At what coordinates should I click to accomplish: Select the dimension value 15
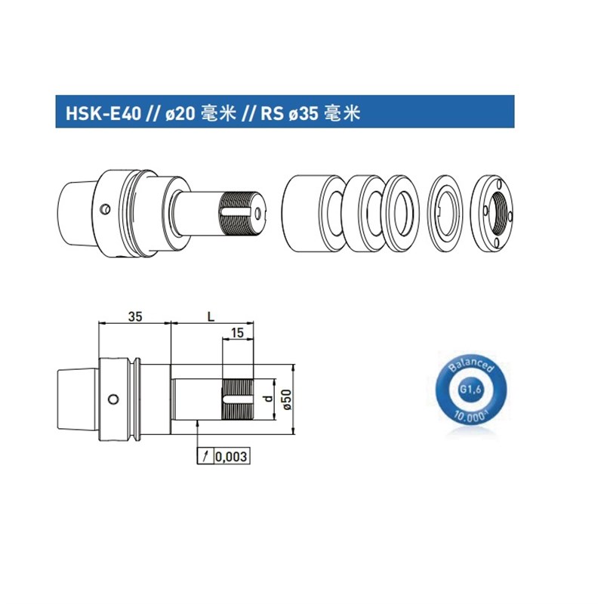pyautogui.click(x=237, y=333)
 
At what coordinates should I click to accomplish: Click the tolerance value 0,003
pyautogui.click(x=232, y=457)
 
